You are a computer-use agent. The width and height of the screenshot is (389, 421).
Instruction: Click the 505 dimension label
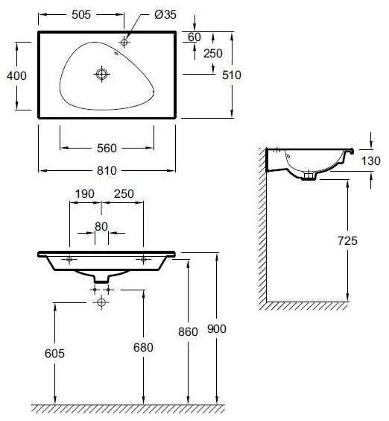tap(81, 15)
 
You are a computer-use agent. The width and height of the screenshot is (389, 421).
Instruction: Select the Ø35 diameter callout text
tap(165, 15)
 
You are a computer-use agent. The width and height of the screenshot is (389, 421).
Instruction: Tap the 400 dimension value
tap(16, 75)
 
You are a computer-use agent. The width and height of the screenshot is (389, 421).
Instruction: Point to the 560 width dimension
tap(107, 149)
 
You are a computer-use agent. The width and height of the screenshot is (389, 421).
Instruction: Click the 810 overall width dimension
tap(107, 170)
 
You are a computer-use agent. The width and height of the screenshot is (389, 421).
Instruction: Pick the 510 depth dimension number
tap(232, 75)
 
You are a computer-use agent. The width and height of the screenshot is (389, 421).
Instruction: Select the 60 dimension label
tap(194, 37)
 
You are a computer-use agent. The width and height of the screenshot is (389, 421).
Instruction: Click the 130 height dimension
tap(371, 161)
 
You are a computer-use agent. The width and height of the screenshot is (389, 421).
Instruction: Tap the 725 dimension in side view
tap(347, 240)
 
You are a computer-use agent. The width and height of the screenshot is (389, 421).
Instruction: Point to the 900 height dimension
tap(217, 328)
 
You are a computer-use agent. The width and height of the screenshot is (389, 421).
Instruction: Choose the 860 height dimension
tap(188, 332)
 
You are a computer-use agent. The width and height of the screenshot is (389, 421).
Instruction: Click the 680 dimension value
tap(143, 347)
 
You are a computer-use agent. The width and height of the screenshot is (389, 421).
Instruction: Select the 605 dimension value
tap(54, 353)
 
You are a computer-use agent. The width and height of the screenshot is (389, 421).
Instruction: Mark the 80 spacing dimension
tap(101, 227)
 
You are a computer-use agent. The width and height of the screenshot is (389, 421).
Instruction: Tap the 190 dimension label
tap(84, 194)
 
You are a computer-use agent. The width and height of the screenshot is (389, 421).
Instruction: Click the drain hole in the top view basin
tap(101, 74)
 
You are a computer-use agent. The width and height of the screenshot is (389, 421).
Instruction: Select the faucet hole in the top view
tap(124, 42)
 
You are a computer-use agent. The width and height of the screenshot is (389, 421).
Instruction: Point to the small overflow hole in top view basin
tap(116, 54)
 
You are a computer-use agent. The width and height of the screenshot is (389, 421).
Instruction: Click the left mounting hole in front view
tap(69, 259)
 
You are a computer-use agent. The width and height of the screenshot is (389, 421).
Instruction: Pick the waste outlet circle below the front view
tap(101, 302)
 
